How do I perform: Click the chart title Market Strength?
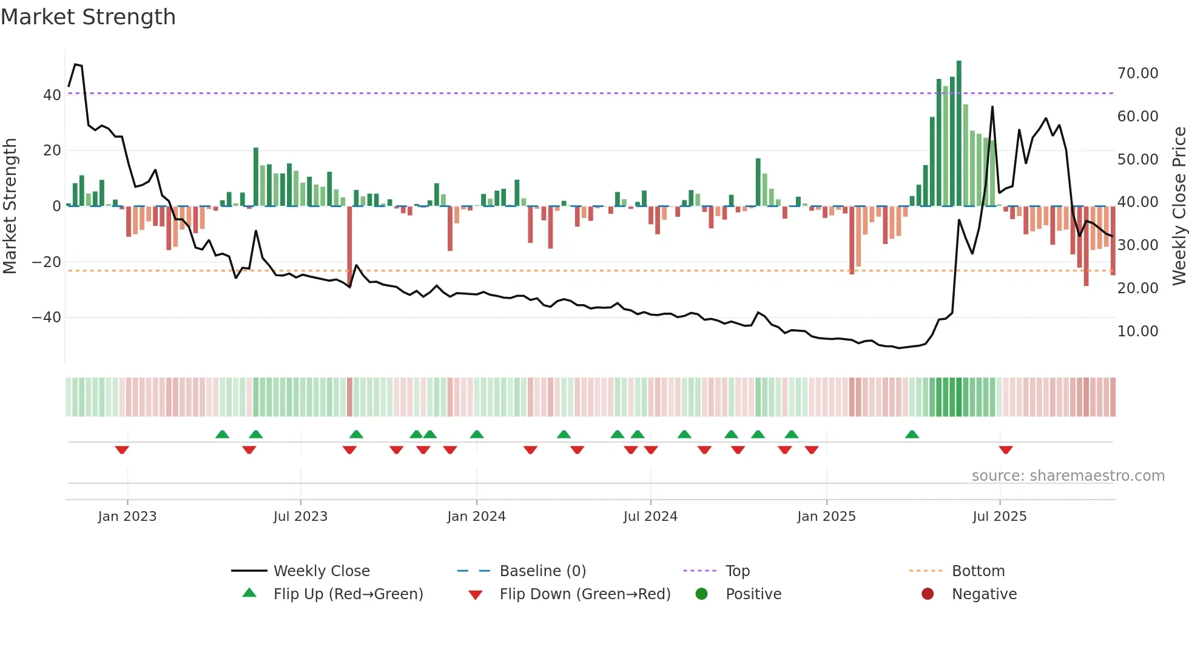click(x=88, y=17)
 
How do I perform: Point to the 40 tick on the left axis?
click(x=52, y=95)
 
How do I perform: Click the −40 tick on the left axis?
click(x=47, y=318)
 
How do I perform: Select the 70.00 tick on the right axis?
click(x=1137, y=73)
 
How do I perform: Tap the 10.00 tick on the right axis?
click(x=1137, y=331)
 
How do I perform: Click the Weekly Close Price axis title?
click(x=1179, y=206)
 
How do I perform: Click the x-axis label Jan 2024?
click(x=476, y=517)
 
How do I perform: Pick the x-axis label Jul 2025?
click(x=999, y=517)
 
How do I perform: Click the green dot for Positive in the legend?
click(x=702, y=594)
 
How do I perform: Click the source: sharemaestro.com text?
click(x=1068, y=476)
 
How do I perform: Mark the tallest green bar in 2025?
click(x=959, y=134)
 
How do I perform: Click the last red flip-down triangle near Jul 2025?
click(x=1006, y=450)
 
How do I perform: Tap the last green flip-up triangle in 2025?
click(x=912, y=434)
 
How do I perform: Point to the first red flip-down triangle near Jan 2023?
click(x=122, y=450)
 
